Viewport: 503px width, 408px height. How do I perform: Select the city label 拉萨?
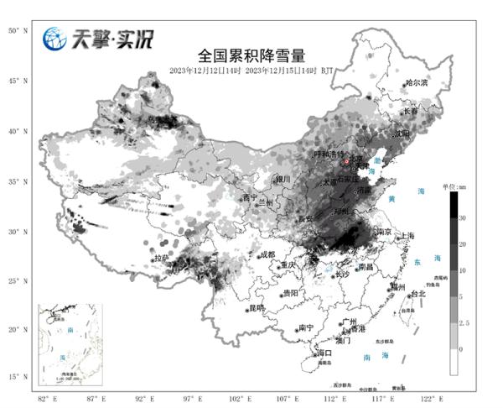pyautogui.click(x=163, y=258)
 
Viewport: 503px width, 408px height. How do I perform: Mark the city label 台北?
pyautogui.click(x=417, y=294)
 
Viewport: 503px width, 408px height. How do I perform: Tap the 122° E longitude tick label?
pyautogui.click(x=428, y=396)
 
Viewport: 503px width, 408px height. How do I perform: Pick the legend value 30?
pyautogui.click(x=463, y=216)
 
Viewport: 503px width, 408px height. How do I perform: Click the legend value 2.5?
pyautogui.click(x=464, y=322)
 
